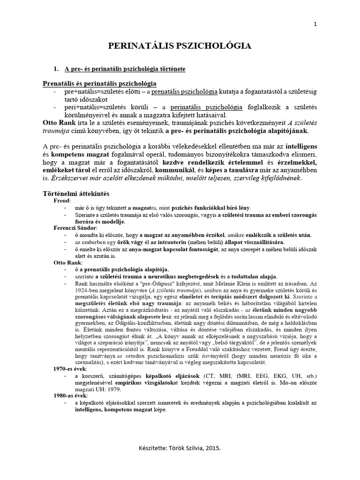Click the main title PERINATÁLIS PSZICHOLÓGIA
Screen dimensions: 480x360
(x=180, y=45)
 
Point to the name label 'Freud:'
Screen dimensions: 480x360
(x=62, y=200)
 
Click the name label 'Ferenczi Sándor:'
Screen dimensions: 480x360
(x=75, y=227)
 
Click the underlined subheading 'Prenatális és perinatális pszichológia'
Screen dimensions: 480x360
(x=99, y=83)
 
